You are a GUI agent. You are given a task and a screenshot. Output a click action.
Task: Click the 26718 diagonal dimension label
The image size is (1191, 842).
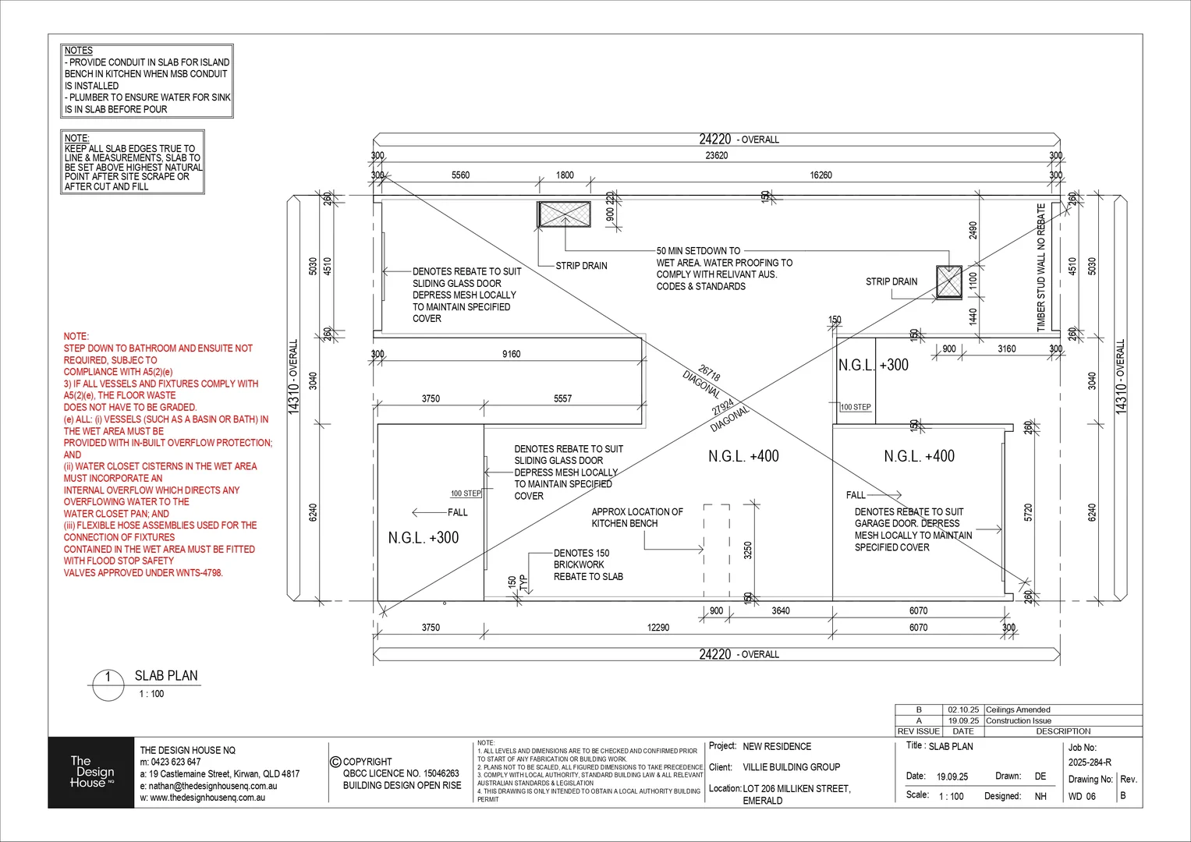[x=710, y=373]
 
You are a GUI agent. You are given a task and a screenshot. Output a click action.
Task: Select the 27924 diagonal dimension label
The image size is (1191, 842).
[x=723, y=407]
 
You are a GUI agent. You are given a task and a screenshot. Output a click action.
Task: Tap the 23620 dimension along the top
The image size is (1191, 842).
[x=717, y=155]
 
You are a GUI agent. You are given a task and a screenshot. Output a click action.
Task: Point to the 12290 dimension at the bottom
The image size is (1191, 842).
[x=658, y=627]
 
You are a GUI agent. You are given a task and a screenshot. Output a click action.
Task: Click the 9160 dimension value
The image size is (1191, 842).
[x=512, y=354]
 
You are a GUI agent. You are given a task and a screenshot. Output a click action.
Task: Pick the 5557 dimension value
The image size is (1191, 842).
[x=562, y=398]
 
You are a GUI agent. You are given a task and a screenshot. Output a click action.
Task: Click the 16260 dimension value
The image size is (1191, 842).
[x=821, y=175]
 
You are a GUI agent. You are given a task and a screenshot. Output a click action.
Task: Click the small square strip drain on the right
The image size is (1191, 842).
[x=949, y=281]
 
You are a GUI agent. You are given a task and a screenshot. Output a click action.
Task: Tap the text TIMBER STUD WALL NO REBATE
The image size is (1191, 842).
[x=1040, y=268]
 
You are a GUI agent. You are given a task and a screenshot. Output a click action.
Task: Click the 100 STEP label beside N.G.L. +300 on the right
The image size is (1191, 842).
[x=856, y=407]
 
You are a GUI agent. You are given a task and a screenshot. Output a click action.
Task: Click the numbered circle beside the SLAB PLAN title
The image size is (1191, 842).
[x=108, y=677]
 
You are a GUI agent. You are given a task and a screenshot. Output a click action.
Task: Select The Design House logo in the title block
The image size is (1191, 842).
[x=91, y=772]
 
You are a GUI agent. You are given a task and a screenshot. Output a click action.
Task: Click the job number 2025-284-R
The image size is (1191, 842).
[x=1090, y=762]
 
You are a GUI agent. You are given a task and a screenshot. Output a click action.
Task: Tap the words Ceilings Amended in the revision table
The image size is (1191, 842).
[x=1018, y=709]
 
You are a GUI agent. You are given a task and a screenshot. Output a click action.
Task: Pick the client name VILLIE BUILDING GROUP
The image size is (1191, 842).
[x=791, y=767]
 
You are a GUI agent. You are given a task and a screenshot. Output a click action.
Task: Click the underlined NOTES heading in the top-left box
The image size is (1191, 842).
[x=79, y=51]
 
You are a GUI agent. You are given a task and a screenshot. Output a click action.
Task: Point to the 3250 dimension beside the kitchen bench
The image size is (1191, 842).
[x=748, y=550]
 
